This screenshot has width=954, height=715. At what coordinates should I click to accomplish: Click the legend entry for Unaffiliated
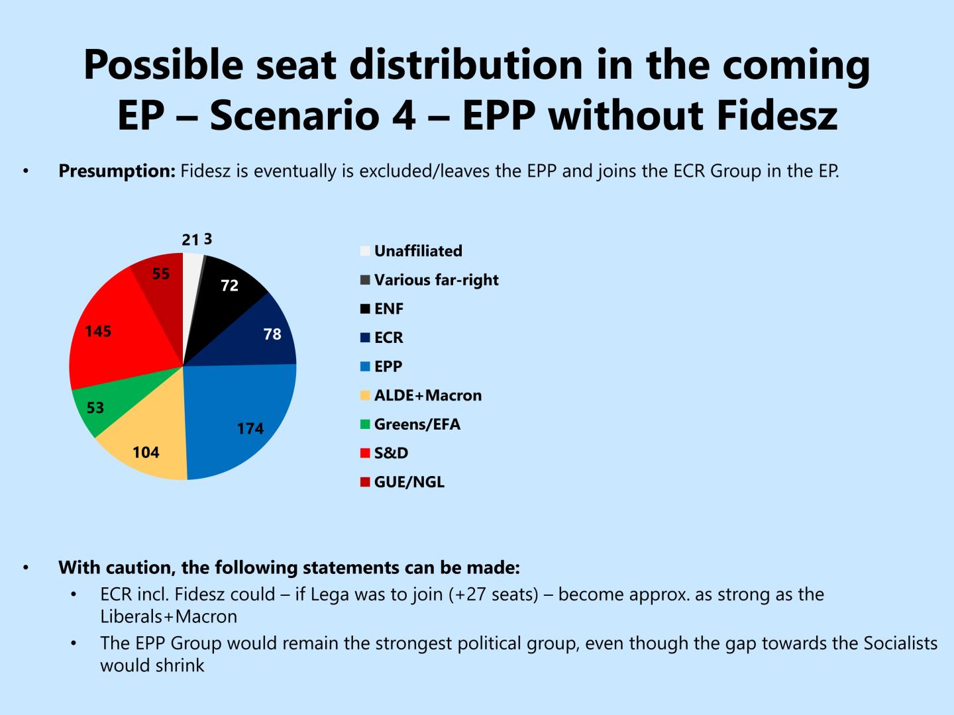click(417, 251)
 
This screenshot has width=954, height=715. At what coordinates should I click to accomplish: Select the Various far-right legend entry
click(436, 280)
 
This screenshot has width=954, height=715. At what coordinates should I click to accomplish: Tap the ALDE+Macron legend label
click(427, 395)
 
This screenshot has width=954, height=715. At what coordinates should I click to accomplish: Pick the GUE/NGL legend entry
click(409, 482)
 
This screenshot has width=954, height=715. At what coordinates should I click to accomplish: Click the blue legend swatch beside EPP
click(365, 367)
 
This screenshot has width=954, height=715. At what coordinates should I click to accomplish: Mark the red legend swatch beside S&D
click(365, 453)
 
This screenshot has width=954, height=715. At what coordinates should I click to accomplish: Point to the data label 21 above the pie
click(190, 240)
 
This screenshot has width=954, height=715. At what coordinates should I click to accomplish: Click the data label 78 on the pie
click(272, 334)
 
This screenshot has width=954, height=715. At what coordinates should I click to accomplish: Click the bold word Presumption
click(117, 171)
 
